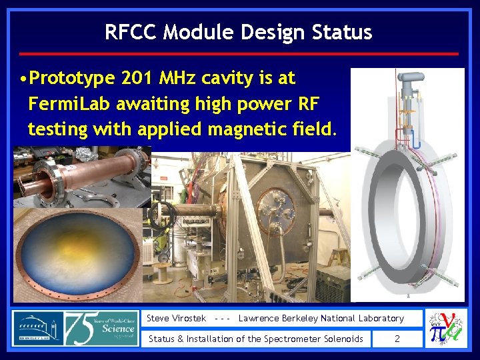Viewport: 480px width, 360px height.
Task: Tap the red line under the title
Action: click(x=239, y=53)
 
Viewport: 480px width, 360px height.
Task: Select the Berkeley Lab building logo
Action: click(x=37, y=329)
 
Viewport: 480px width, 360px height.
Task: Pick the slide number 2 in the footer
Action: click(x=397, y=339)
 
